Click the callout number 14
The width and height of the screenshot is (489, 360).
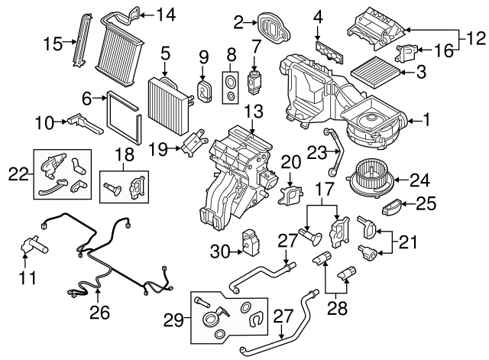pyautogui.click(x=166, y=14)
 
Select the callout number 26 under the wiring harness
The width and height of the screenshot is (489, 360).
pyautogui.click(x=99, y=312)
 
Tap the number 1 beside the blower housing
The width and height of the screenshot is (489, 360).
pyautogui.click(x=427, y=119)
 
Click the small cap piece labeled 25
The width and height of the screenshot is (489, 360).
pyautogui.click(x=390, y=206)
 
